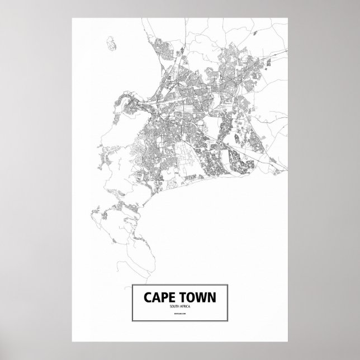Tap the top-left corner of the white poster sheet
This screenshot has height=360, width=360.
[x=72, y=18]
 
